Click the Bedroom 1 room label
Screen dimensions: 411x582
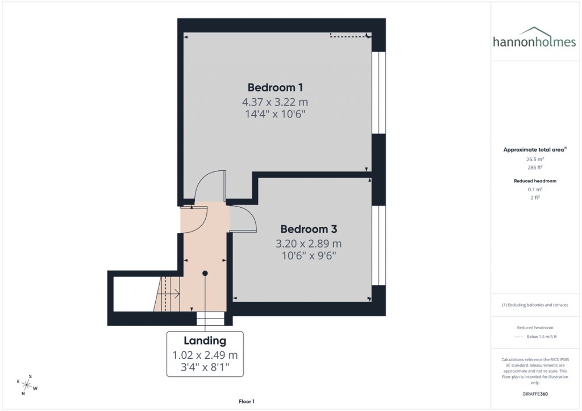coord(275,87)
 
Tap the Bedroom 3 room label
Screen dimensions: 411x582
coord(309,229)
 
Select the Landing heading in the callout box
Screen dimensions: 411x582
coord(205,341)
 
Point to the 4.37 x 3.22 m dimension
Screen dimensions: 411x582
coord(275,102)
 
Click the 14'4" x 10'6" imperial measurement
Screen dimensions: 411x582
coord(275,114)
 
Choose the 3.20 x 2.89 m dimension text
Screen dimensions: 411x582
coord(309,244)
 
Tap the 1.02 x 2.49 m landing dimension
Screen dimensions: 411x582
coord(205,355)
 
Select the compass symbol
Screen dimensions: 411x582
coord(27,384)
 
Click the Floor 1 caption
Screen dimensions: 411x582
coord(247,401)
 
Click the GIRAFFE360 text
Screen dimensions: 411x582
coord(534,394)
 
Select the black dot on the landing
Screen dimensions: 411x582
coord(205,273)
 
